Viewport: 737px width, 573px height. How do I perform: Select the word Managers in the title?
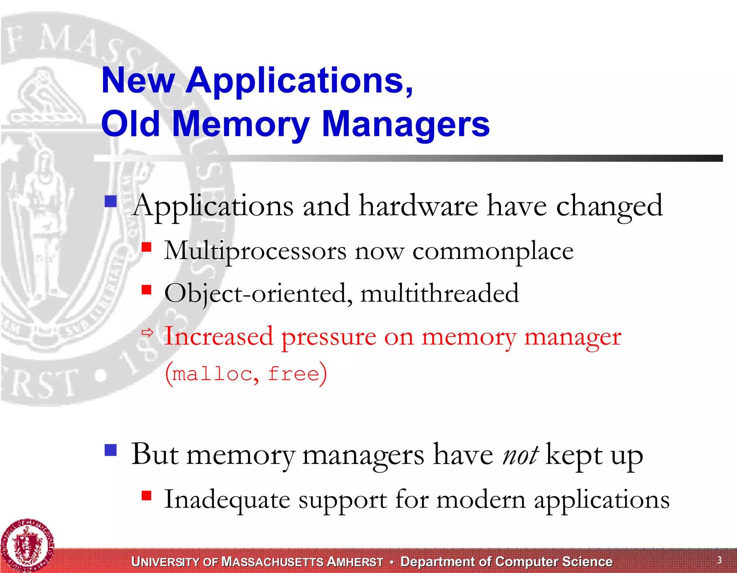(406, 124)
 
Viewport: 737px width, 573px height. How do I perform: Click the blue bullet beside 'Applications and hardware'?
(110, 201)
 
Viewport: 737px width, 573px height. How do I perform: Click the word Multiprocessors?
(255, 251)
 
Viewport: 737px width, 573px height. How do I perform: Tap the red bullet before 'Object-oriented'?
(146, 289)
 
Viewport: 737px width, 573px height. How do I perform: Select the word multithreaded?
(439, 293)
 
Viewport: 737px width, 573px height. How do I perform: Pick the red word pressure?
(329, 337)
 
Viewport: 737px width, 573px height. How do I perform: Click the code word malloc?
(212, 374)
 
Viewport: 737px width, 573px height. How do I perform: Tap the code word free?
(293, 374)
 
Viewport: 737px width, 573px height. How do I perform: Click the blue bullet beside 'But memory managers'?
(110, 450)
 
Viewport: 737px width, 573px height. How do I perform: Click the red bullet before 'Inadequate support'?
(146, 496)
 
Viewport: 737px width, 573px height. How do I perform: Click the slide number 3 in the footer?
(719, 560)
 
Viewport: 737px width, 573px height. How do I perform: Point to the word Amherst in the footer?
(356, 562)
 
